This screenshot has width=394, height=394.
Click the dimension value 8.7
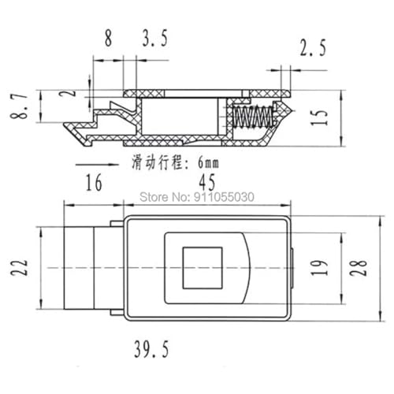(19, 106)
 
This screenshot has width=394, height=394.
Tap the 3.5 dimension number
(154, 39)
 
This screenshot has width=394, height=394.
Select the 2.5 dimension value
(313, 47)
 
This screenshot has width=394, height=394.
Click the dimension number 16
(94, 182)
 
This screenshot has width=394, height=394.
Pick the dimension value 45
(207, 182)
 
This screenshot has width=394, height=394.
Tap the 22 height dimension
(19, 267)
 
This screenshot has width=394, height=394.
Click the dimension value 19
(319, 268)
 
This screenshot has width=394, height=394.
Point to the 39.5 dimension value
(151, 349)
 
